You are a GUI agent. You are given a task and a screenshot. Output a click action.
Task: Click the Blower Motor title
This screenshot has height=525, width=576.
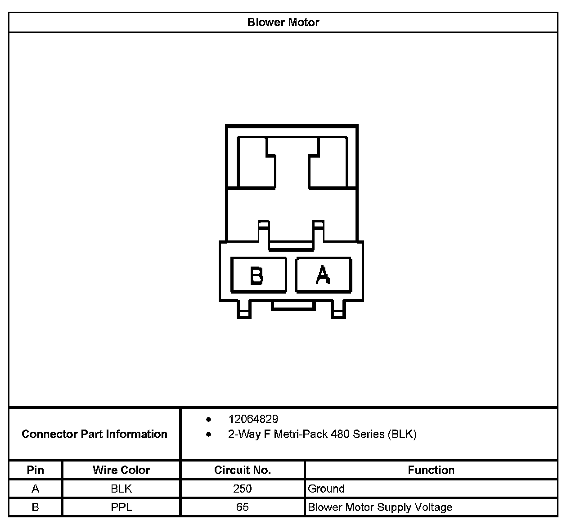point(283,22)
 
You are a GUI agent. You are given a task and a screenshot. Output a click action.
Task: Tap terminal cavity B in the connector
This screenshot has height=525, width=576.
point(258,275)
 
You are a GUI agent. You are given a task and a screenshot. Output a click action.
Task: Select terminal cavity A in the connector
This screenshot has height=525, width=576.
point(323,275)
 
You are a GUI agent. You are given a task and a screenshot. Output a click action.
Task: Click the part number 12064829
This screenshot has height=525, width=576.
point(253,419)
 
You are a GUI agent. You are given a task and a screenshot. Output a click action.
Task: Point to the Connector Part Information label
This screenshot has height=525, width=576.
point(94,434)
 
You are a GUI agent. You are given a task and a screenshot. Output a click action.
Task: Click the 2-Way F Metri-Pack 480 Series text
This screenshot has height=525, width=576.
point(322,434)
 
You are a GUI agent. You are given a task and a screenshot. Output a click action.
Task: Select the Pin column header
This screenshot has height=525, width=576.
point(36,470)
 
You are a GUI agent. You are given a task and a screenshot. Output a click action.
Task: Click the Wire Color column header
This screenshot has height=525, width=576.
point(121,470)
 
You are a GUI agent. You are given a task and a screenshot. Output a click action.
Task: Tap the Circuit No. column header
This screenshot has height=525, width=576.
point(242,470)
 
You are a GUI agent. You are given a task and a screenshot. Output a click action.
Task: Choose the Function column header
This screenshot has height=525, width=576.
point(431,470)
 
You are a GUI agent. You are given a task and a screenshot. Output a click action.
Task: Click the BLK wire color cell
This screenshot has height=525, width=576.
point(121,489)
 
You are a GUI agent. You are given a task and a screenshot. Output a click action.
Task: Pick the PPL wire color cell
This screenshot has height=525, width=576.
point(121,507)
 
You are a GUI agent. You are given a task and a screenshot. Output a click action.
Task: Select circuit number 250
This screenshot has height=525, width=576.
point(242,489)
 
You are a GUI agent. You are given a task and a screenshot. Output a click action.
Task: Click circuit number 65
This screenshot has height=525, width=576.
point(242,507)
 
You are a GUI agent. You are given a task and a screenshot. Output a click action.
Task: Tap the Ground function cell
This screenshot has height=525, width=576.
point(326,489)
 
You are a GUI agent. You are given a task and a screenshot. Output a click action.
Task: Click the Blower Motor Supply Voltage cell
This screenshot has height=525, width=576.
point(380,507)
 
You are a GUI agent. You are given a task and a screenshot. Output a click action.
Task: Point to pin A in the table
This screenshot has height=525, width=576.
point(36,489)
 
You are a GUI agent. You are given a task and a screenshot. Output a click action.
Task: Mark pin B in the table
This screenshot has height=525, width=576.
point(36,507)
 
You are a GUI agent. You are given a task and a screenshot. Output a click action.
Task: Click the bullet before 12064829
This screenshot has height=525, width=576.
point(208,419)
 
